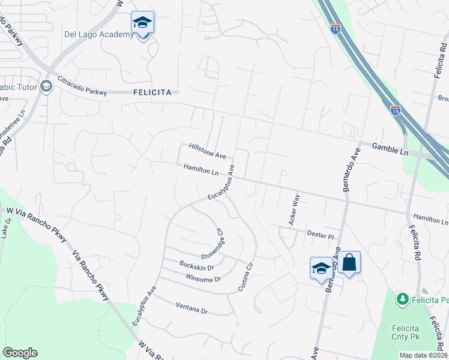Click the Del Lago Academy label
99,34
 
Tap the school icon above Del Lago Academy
142,23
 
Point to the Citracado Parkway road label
82,85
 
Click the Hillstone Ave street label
207,151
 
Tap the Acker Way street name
295,208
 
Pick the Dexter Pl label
320,235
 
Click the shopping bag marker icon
349,263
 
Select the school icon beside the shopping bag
321,268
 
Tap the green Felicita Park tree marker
402,298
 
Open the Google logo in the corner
20,353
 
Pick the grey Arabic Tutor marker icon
47,87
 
